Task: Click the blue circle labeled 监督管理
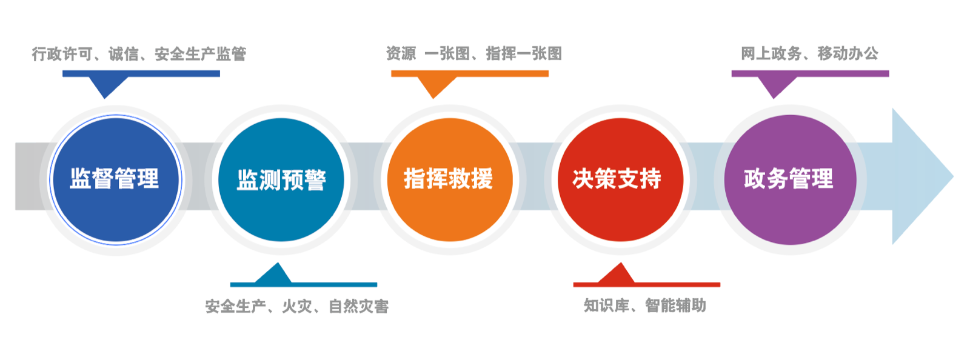point(115,179)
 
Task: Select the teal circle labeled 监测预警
point(281,180)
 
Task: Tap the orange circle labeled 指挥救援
point(449,179)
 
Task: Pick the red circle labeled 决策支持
point(620,179)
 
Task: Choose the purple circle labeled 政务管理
point(789,179)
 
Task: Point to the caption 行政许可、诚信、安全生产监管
point(139,55)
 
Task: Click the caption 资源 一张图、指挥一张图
point(473,54)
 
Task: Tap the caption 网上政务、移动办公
point(809,54)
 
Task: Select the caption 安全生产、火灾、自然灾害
point(296,306)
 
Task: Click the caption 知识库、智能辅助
point(644,305)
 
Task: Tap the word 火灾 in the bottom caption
point(297,306)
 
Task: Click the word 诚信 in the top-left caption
point(124,55)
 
